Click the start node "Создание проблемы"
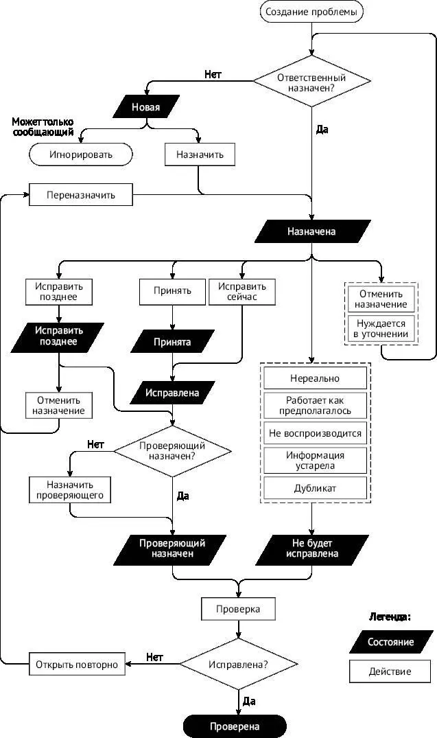click(311, 11)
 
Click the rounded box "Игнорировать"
click(80, 154)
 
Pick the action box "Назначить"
click(200, 154)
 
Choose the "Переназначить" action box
click(80, 195)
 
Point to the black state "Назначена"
click(311, 231)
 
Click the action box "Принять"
click(172, 291)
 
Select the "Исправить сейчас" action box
click(241, 291)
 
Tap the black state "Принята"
click(172, 341)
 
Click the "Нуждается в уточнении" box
click(380, 328)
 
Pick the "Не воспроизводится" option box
click(315, 433)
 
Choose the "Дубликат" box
click(315, 488)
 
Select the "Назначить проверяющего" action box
click(70, 489)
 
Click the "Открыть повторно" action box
click(77, 664)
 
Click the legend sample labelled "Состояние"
click(390, 642)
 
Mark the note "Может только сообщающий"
click(42, 126)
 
